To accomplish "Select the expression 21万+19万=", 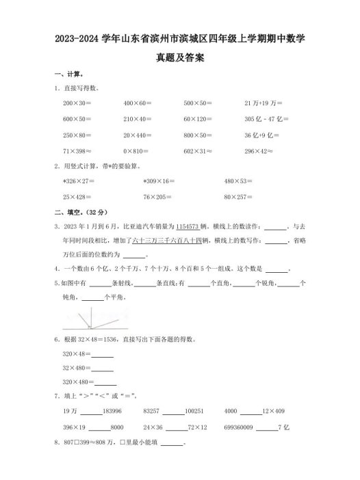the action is click(263, 102).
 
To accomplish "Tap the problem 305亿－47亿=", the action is click(266, 118).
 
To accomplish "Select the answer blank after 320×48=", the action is click(102, 354).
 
